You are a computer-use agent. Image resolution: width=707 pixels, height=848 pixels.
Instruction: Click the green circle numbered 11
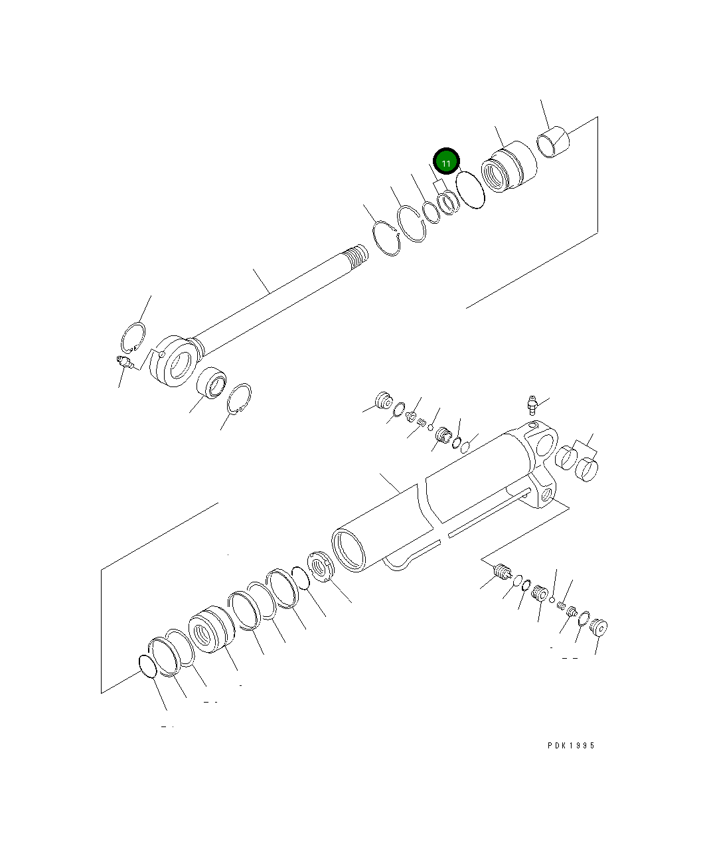tap(446, 162)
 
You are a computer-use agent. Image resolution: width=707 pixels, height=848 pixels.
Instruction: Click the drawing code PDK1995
tap(571, 745)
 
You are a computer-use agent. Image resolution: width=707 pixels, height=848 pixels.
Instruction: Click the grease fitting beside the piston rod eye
tap(124, 362)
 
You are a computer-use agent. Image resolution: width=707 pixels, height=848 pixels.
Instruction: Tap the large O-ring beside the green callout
tap(470, 189)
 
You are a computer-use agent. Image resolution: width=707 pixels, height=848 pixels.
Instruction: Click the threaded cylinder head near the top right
tap(508, 169)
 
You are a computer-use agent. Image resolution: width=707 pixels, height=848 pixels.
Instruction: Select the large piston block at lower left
tap(209, 630)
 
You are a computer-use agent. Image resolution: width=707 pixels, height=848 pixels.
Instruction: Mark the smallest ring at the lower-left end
tap(147, 665)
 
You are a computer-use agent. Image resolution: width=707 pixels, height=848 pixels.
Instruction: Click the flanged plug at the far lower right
tap(599, 626)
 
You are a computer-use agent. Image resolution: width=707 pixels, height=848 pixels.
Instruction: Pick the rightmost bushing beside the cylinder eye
tap(586, 469)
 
